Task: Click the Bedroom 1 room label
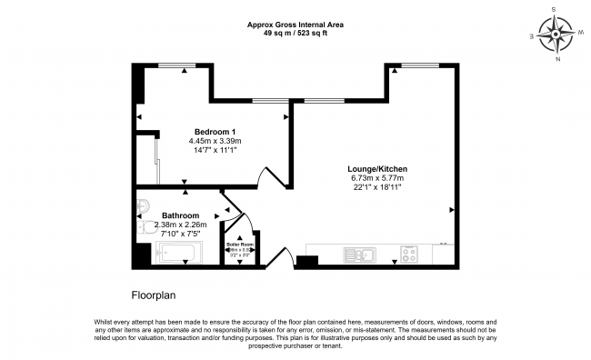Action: (x=215, y=132)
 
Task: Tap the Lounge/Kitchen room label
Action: (x=377, y=169)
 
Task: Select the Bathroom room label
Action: (x=180, y=215)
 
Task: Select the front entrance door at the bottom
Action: (x=284, y=258)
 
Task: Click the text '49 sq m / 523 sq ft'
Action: (x=295, y=33)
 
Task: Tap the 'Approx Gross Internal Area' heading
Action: (x=295, y=25)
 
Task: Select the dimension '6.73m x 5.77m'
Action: (x=377, y=178)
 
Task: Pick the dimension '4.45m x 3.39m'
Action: (x=215, y=141)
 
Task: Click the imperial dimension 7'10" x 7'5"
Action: (x=180, y=234)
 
